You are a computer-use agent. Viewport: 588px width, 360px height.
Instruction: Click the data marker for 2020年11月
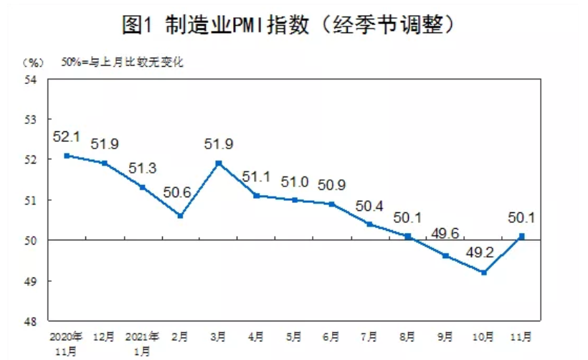point(66,155)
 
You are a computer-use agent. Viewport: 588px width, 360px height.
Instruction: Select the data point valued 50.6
point(181,215)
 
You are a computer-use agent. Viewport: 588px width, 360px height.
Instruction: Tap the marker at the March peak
point(219,163)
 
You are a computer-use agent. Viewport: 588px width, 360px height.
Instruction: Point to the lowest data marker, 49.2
point(485,272)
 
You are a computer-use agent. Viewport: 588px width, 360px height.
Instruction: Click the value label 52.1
point(66,136)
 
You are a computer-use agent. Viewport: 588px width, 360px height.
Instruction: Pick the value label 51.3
point(142,169)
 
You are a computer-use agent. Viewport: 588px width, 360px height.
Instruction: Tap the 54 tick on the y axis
point(31,80)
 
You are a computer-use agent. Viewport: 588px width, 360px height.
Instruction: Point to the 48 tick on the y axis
point(31,321)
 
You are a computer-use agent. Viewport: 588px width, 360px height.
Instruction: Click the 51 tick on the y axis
point(31,200)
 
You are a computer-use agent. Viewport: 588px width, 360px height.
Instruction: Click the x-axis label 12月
point(104,336)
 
